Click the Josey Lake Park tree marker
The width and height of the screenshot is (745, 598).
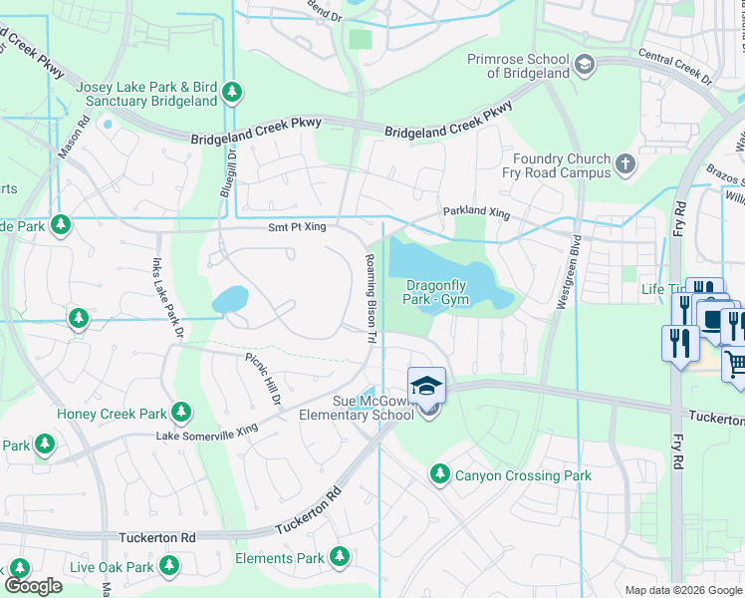(232, 93)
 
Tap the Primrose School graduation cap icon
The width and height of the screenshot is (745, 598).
(585, 66)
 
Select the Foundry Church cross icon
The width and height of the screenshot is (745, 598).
(624, 164)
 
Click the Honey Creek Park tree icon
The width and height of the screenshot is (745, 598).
(180, 413)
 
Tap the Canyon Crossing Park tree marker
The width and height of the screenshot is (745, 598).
(438, 475)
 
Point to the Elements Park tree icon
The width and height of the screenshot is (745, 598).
(340, 557)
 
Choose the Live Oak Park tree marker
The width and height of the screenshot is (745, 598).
(168, 567)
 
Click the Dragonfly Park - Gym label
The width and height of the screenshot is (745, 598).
(437, 292)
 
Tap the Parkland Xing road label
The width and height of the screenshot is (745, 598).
(475, 214)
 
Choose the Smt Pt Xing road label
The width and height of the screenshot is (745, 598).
(298, 228)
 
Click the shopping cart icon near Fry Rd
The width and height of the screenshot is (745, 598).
(735, 366)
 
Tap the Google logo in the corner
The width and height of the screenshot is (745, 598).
(33, 586)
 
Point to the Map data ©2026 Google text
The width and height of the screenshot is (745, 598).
(682, 590)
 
